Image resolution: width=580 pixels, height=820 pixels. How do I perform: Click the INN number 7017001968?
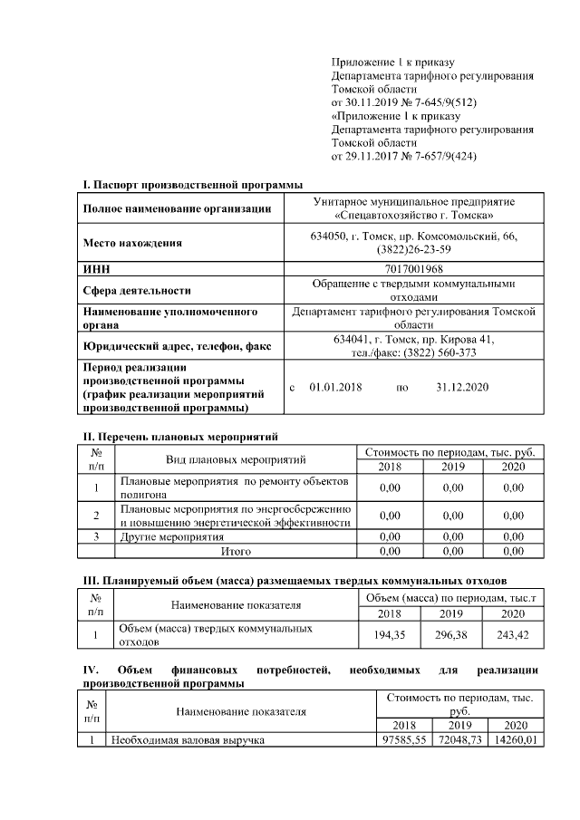[x=413, y=269]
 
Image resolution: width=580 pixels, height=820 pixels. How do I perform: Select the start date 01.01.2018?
[x=335, y=387]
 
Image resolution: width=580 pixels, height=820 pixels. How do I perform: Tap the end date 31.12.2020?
[x=462, y=387]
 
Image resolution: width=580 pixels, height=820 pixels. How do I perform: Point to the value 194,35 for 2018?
[x=390, y=634]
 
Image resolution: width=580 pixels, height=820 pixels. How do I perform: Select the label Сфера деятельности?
[x=137, y=291]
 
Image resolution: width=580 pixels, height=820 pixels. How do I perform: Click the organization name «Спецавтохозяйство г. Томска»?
[x=413, y=216]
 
